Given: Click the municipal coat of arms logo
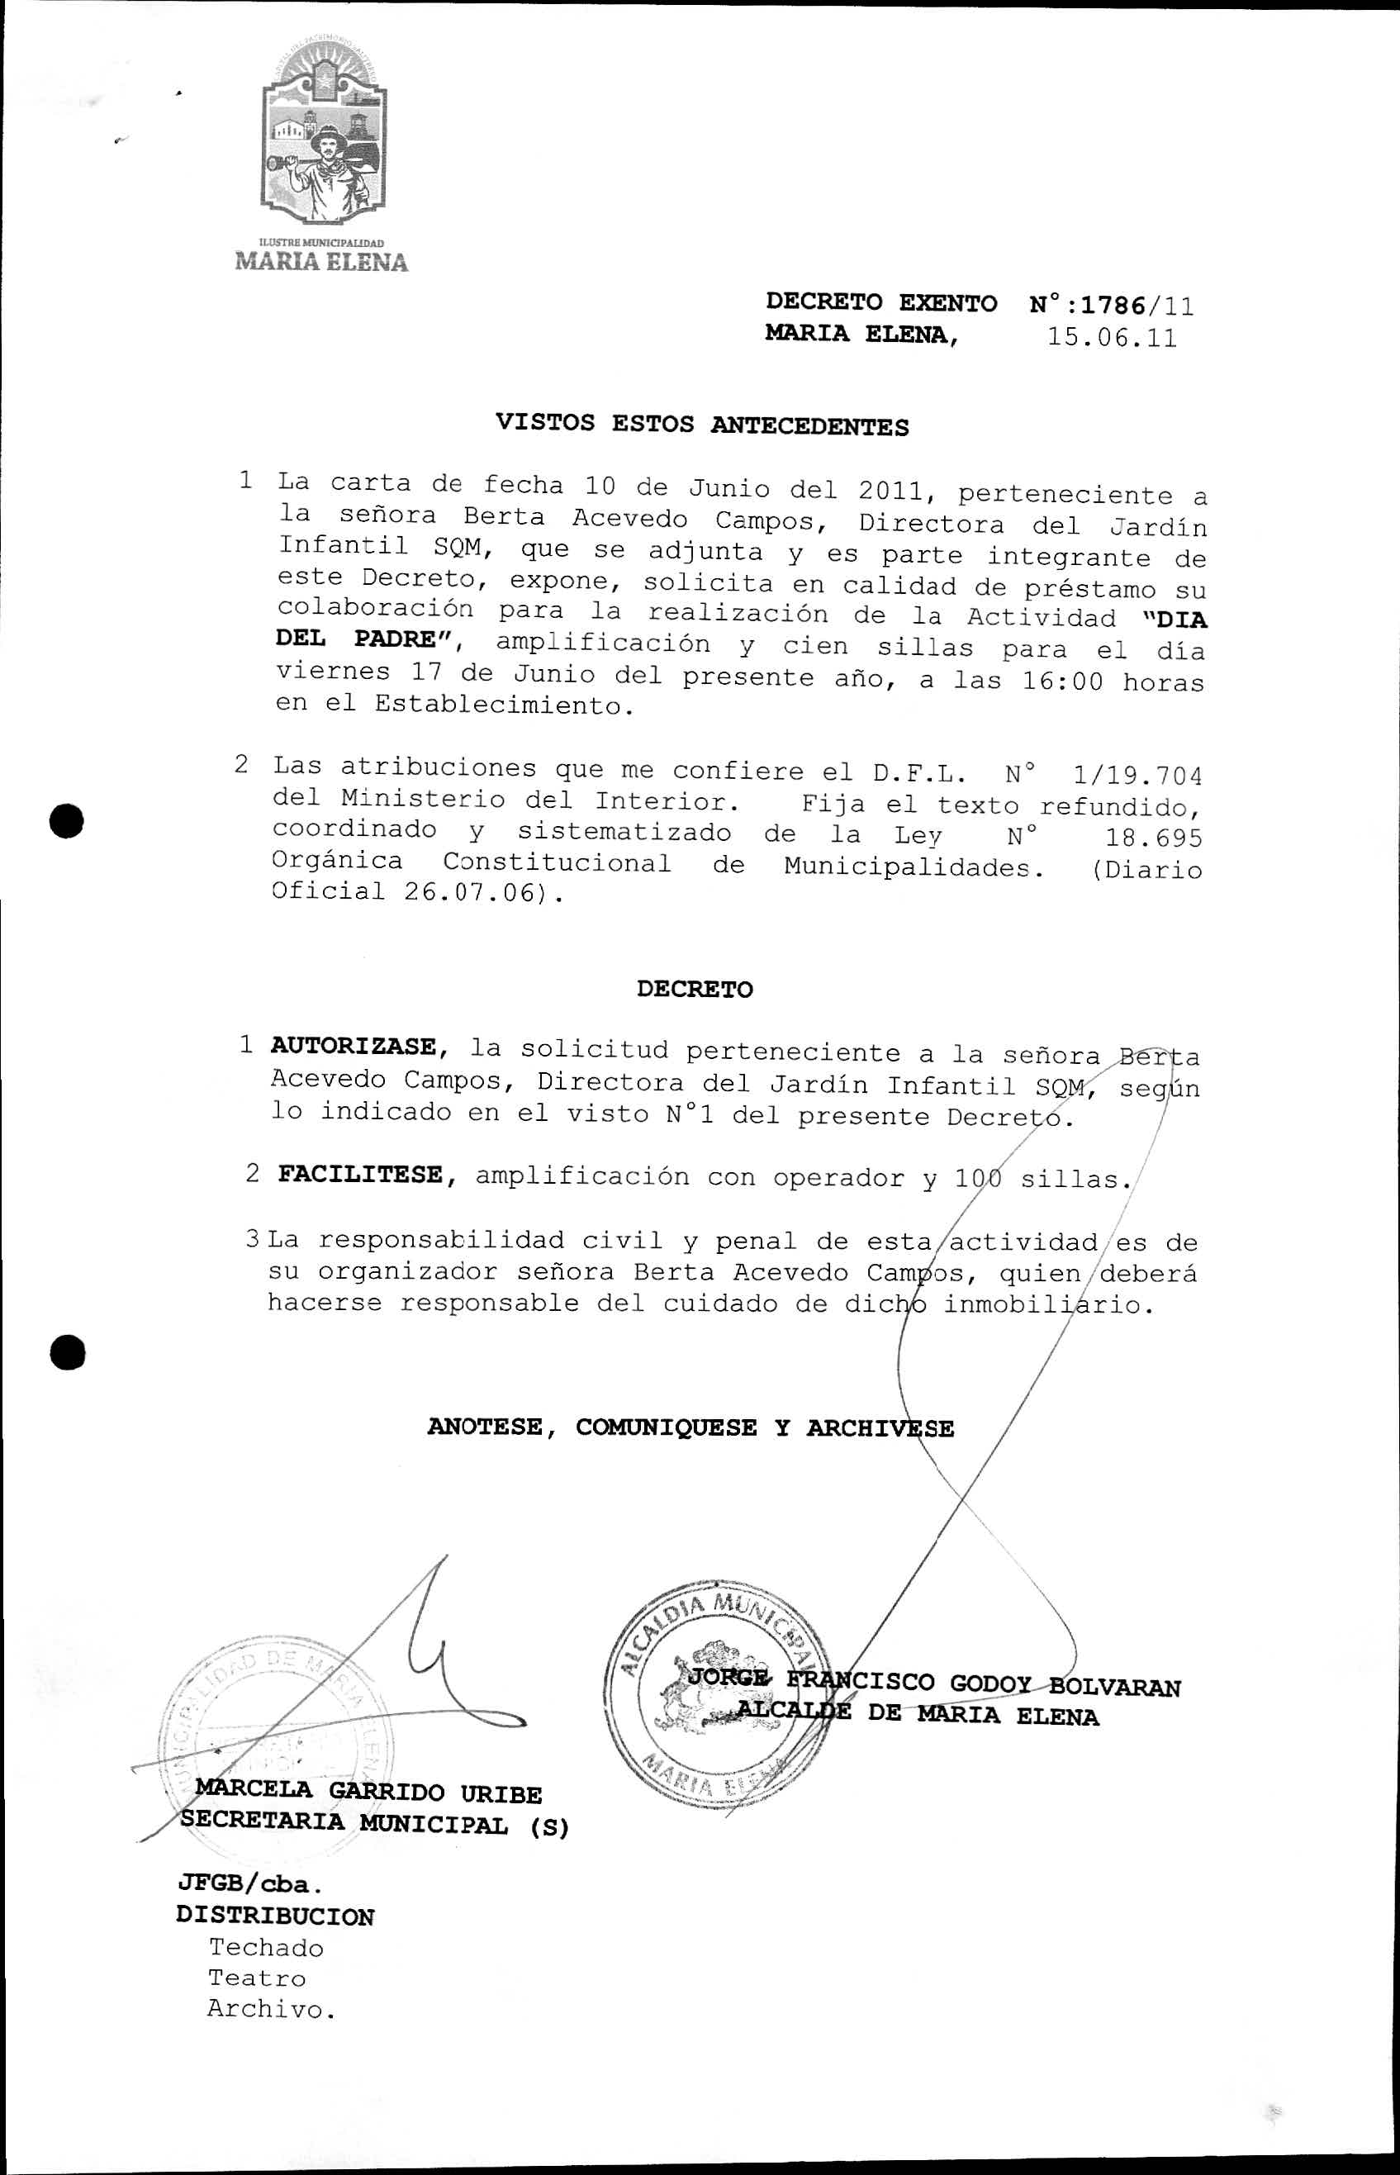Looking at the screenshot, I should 323,141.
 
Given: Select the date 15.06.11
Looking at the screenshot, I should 1111,338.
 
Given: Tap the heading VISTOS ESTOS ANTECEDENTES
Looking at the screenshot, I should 702,425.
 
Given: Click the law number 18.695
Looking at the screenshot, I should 1153,837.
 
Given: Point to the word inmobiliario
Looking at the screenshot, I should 1046,1305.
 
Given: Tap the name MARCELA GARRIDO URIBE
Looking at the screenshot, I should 368,1793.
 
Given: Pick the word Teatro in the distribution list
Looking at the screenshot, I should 257,1978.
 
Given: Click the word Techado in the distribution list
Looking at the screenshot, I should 265,1947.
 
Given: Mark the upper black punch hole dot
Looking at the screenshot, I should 67,821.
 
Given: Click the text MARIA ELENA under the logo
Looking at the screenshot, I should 322,262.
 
